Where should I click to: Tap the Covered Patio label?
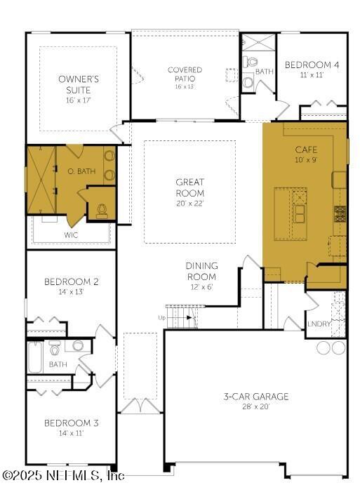[185, 74]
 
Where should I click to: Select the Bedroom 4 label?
[312, 65]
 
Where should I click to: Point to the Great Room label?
[190, 187]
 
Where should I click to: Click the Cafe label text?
[305, 150]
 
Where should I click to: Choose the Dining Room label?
[201, 270]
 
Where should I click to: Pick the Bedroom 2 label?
[71, 281]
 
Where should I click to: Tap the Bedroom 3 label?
[71, 423]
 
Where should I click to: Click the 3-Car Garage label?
[255, 397]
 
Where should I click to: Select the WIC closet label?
[71, 235]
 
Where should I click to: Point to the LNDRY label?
[318, 324]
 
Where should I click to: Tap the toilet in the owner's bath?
[102, 209]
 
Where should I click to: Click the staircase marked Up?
[180, 317]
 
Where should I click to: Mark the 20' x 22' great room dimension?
[190, 204]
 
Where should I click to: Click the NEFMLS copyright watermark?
[63, 475]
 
